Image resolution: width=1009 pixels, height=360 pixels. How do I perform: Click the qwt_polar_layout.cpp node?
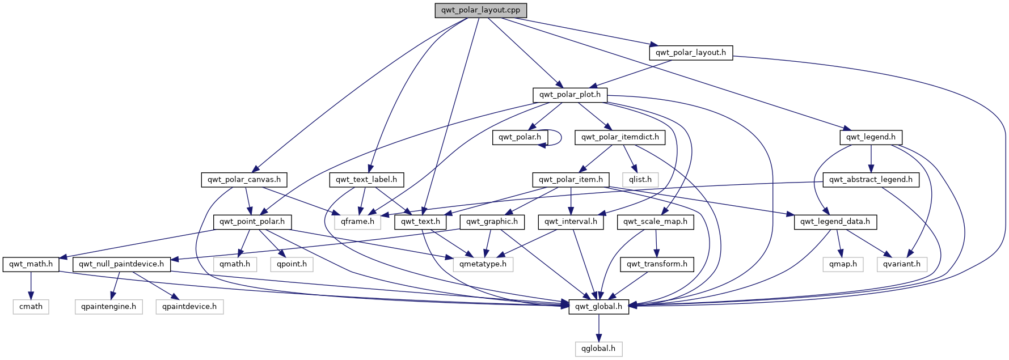tap(480, 10)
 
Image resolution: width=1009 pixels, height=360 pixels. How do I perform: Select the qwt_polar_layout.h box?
tap(690, 53)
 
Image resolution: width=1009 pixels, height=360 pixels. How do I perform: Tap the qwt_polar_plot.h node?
tap(569, 95)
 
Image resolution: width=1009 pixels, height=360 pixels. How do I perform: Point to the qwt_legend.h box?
tap(871, 137)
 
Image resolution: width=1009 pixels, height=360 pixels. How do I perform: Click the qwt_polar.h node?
tap(520, 137)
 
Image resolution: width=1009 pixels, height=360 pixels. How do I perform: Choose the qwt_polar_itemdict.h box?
tap(620, 137)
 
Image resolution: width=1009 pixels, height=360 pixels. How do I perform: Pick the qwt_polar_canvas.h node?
tap(244, 180)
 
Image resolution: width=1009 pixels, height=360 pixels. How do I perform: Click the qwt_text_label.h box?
tap(366, 180)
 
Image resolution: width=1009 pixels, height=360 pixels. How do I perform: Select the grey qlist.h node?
tap(640, 180)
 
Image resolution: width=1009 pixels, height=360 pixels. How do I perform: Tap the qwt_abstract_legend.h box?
tap(871, 180)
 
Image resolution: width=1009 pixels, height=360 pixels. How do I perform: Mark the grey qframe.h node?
tap(357, 222)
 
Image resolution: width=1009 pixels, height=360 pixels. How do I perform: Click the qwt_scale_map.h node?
tap(655, 222)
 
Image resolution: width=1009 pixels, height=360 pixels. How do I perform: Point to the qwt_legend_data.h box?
tap(835, 222)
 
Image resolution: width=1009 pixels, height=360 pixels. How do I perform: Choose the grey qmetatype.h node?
tap(483, 264)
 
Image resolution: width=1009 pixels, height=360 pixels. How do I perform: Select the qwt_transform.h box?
tap(657, 264)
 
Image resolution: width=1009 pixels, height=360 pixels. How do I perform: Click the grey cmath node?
tap(31, 307)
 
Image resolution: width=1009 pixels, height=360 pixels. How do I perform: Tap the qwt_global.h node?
tap(598, 307)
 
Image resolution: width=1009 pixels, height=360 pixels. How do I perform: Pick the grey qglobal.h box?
tap(598, 349)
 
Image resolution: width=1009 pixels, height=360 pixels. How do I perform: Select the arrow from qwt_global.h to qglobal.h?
tap(598, 328)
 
